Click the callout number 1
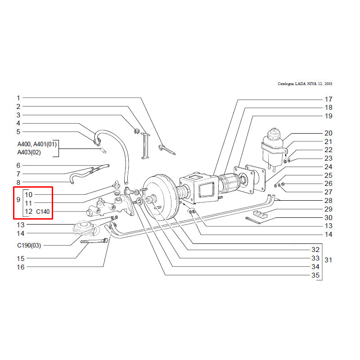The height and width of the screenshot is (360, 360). (x=18, y=98)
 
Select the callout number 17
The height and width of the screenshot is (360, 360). (x=328, y=99)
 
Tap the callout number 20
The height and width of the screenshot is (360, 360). (x=328, y=133)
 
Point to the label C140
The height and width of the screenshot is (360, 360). (x=43, y=211)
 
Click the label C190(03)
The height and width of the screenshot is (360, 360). (x=29, y=245)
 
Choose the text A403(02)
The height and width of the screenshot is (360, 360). (x=29, y=152)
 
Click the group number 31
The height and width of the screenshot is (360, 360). (x=328, y=260)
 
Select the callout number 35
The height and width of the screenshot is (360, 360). (x=315, y=275)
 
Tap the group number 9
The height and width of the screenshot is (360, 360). (x=18, y=199)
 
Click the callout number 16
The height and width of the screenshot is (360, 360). (x=20, y=267)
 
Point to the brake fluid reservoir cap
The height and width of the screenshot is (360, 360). (x=274, y=133)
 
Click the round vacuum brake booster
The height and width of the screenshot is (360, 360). (x=161, y=198)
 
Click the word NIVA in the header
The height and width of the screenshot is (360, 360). (x=311, y=84)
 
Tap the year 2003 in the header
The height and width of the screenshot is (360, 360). (x=328, y=84)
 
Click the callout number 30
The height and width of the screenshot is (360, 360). (x=328, y=217)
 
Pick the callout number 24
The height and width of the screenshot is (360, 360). (x=328, y=167)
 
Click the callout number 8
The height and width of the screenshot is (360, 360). (x=18, y=183)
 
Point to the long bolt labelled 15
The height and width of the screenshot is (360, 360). (x=94, y=241)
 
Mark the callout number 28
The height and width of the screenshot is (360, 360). (x=328, y=201)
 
